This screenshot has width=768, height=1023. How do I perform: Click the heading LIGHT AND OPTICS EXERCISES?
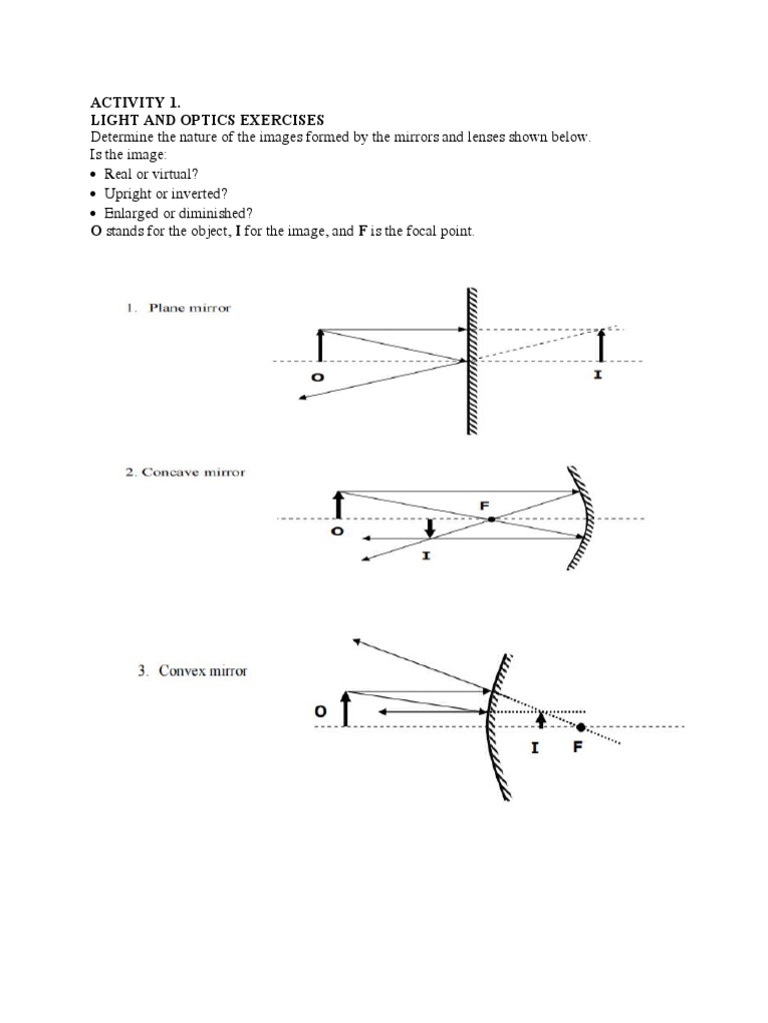[207, 120]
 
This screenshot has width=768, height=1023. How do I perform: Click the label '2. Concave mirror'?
[185, 472]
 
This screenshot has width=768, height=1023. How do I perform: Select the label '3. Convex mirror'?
[192, 671]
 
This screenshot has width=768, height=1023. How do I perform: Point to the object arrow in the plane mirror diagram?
[319, 345]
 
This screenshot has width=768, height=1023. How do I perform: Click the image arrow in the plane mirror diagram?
[600, 345]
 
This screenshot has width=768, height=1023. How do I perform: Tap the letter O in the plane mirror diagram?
[317, 378]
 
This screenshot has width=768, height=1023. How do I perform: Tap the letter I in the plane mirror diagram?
[599, 379]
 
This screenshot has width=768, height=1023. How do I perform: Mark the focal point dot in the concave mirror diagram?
[491, 518]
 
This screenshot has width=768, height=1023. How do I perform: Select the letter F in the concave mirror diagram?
[485, 506]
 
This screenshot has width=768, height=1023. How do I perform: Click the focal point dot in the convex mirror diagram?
[581, 726]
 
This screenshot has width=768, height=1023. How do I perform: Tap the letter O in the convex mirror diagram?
[320, 711]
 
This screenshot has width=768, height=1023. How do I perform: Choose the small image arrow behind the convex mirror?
[541, 718]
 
